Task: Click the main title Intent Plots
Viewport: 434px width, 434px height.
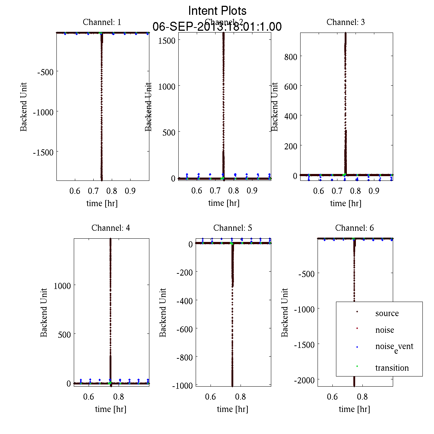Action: click(217, 10)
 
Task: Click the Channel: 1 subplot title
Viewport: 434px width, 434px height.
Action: click(102, 22)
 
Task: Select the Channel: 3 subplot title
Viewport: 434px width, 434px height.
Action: click(345, 22)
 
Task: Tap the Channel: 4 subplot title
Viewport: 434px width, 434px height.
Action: click(111, 228)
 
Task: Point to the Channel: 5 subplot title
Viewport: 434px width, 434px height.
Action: click(233, 228)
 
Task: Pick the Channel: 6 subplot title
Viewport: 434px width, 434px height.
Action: click(354, 228)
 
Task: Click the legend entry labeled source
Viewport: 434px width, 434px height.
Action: click(387, 313)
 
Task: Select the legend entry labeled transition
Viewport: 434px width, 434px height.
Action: click(392, 368)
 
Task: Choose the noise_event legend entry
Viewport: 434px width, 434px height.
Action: click(394, 347)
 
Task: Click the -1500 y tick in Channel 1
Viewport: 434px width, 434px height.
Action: click(43, 153)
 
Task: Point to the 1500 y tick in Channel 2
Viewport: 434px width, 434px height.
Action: click(167, 40)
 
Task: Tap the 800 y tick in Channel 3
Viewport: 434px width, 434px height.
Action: click(291, 56)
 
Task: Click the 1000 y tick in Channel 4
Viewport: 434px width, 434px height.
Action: click(62, 286)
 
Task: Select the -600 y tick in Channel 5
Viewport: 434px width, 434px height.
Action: click(185, 329)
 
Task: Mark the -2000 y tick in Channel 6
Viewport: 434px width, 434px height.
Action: click(305, 380)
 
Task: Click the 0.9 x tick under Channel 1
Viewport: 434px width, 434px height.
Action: click(130, 191)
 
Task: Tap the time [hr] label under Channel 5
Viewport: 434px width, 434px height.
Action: click(233, 409)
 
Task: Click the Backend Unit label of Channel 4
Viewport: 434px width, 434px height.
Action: click(44, 312)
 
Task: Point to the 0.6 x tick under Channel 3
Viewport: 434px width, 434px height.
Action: click(319, 191)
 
